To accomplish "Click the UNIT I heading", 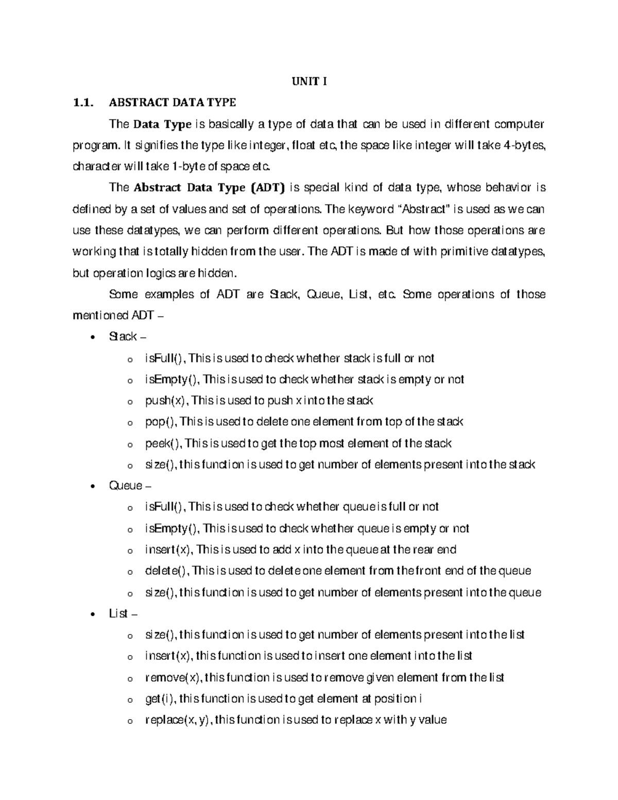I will [310, 81].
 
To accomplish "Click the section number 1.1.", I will [83, 103].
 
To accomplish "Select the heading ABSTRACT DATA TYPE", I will [172, 103].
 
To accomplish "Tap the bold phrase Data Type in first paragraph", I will [162, 124].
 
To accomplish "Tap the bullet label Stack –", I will [127, 336].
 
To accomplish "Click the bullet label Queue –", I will [130, 486].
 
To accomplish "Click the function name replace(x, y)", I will [178, 720].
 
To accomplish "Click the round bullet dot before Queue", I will [92, 486].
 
